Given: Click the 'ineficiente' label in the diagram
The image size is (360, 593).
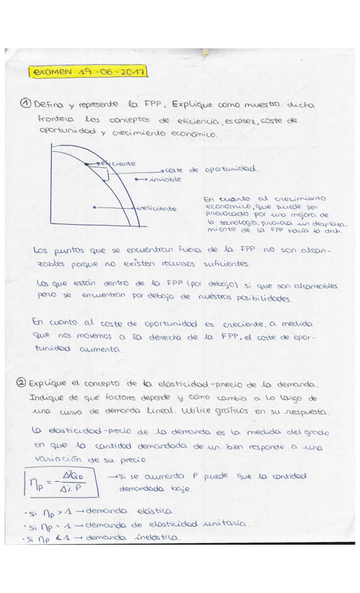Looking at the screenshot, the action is (157, 208).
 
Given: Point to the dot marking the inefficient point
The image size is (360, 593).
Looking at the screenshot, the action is (95, 208).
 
